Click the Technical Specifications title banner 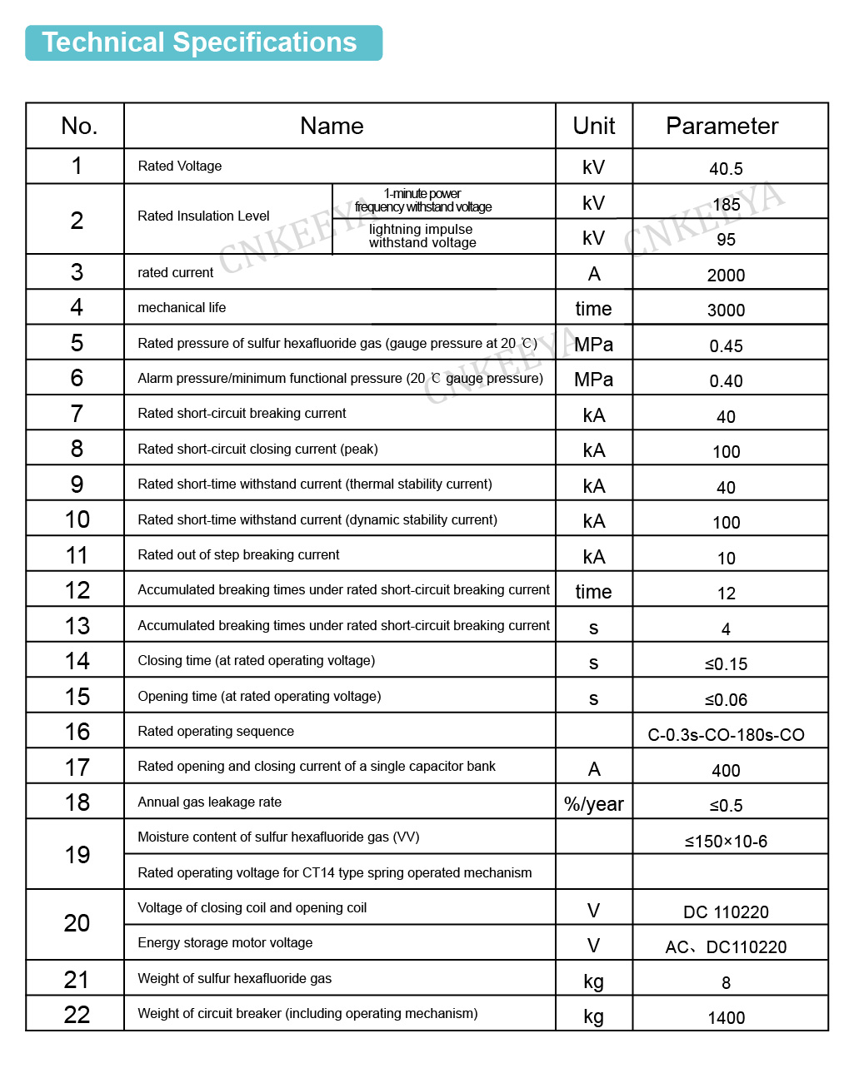pos(203,42)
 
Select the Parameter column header pos(722,126)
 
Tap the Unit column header pos(593,126)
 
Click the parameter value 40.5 pos(726,169)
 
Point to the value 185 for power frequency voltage pos(726,204)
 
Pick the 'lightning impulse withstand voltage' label pos(422,236)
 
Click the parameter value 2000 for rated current pos(726,276)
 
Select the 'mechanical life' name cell pos(182,307)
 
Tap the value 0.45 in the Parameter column pos(726,346)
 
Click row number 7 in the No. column pos(77,414)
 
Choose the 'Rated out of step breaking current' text pos(238,554)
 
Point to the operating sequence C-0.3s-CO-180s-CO pos(726,735)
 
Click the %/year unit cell pos(593,804)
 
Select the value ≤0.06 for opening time pos(726,700)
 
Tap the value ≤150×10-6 pos(726,842)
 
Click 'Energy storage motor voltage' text pos(225,942)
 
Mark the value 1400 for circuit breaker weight pos(726,1018)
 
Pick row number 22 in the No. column pos(77,1015)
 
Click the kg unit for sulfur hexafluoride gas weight pos(593,981)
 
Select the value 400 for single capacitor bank pos(726,771)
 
